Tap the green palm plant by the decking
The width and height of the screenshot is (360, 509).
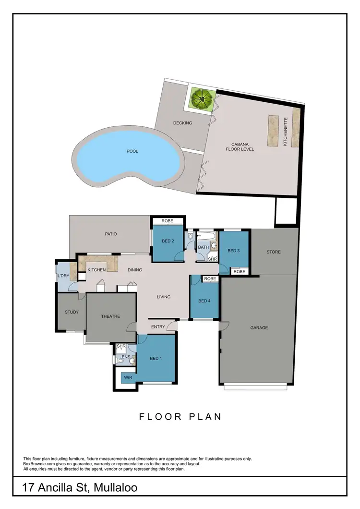pos(202,98)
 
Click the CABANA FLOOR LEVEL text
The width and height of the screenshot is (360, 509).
pos(240,146)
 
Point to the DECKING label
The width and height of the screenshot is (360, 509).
pos(182,123)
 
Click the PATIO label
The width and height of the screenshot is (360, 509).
pos(111,234)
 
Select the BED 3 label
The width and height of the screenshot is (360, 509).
pos(233,251)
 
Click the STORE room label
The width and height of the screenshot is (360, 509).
pos(274,252)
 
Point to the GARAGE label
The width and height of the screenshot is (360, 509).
pos(259,328)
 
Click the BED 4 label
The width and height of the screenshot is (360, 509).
pos(204,301)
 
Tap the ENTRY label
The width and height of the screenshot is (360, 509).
pos(158,327)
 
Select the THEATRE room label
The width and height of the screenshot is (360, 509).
pos(110,316)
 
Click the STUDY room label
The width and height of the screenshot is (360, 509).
pos(72,313)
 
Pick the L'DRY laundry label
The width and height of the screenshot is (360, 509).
pos(63,276)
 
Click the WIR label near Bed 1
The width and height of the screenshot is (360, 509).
pos(128,378)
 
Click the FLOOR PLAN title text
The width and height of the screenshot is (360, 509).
pos(180,416)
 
